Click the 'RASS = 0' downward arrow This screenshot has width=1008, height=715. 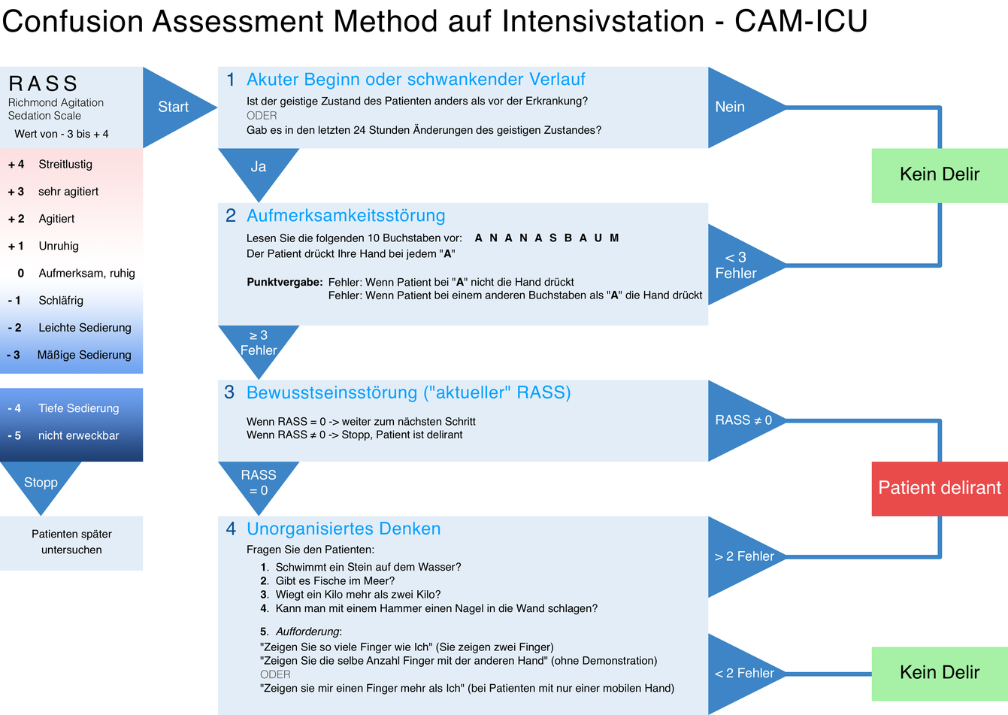(x=258, y=482)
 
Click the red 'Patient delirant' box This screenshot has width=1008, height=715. (x=940, y=488)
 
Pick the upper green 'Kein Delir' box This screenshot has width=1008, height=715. (x=940, y=174)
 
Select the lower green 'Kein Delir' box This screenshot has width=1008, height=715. (x=940, y=673)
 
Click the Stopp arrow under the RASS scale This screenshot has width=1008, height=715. (x=41, y=482)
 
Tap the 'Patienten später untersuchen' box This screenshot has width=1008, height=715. (x=71, y=542)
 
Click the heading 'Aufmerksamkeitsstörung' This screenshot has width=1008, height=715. (x=346, y=216)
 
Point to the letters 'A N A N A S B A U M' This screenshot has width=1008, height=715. (x=546, y=238)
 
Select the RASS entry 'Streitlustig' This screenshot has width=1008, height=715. (x=65, y=165)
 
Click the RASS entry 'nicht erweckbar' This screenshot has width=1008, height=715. (x=78, y=436)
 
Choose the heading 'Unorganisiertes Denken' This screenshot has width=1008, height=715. (x=344, y=529)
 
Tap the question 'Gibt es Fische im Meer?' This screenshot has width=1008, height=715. (x=334, y=581)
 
